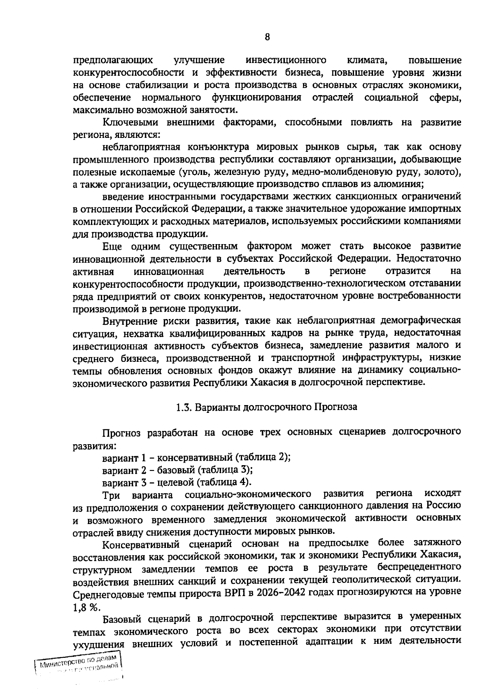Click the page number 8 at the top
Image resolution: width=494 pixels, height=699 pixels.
coord(267,37)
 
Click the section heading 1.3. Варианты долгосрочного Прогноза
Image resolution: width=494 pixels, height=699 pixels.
coord(267,407)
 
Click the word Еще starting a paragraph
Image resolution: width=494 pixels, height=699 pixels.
coord(112,246)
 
